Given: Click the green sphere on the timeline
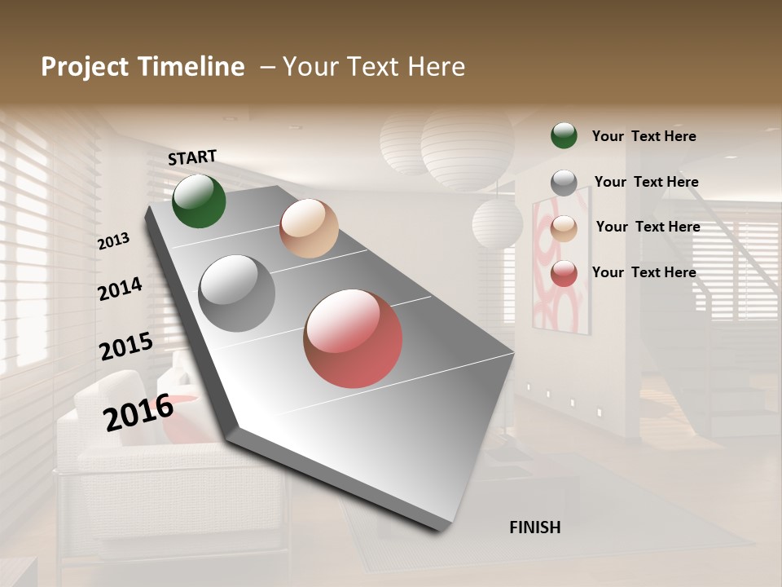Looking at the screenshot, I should point(199,201).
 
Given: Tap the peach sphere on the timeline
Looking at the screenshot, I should point(309,228).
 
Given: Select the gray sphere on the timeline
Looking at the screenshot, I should point(237,293).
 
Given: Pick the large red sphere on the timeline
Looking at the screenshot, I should point(353,338).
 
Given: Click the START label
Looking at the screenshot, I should point(192,157).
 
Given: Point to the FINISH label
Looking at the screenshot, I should point(535,527).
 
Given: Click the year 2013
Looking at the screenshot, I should point(113,241).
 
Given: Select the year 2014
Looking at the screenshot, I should point(120,289).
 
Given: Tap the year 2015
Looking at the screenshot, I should point(126,346).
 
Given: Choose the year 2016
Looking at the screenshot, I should point(138,413).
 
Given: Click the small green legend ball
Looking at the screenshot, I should point(564,135).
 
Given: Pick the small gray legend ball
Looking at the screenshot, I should point(564,183).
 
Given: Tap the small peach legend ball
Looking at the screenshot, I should point(564,228).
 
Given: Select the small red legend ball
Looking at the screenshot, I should point(564,273).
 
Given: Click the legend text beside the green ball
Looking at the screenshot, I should point(644,136).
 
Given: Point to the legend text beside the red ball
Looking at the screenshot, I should point(644,272).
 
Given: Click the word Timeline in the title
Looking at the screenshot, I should point(193,67).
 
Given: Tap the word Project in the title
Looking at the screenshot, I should point(85,67).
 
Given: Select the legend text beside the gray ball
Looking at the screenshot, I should point(646,182).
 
